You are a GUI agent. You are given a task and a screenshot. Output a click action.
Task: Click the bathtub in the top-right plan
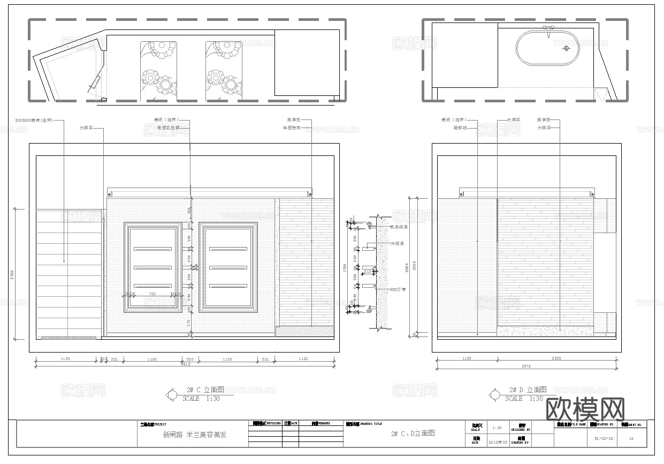[x=547, y=48]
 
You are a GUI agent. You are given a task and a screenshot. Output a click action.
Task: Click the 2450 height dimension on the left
[x=12, y=275]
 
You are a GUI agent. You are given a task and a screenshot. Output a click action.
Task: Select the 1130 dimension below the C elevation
[x=65, y=359]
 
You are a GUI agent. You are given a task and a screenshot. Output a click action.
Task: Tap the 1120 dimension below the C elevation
[x=304, y=359]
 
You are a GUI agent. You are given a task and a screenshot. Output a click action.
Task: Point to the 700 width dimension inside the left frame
[x=152, y=294]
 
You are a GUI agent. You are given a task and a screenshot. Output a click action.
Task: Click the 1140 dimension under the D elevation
[x=466, y=359]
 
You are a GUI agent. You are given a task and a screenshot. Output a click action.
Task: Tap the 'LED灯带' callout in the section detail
[x=398, y=289]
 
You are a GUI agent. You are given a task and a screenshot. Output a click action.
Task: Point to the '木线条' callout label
[x=398, y=244]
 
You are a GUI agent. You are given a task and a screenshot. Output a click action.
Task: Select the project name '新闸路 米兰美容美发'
[x=195, y=435]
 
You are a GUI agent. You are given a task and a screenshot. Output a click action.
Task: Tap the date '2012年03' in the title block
[x=497, y=443]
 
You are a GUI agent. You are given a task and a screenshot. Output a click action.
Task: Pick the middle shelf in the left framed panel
[x=152, y=267]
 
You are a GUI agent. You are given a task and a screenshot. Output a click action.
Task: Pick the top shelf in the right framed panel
[x=228, y=249]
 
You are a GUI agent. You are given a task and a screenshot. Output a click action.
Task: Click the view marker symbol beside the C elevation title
[x=172, y=395]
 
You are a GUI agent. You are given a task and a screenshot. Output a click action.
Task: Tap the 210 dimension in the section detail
[x=368, y=272]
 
